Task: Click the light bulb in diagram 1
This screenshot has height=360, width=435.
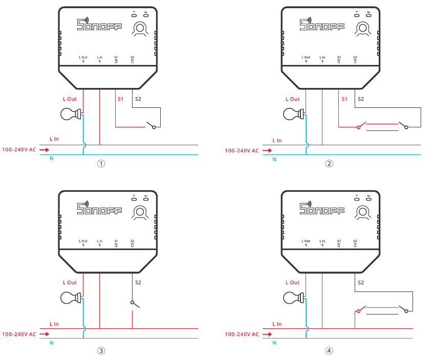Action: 70,114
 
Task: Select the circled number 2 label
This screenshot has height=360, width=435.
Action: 329,164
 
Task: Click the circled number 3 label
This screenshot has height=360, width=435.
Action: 101,351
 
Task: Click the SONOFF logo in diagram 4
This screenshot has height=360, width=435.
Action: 322,208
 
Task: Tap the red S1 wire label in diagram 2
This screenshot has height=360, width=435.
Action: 344,99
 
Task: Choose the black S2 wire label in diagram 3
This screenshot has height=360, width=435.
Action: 138,282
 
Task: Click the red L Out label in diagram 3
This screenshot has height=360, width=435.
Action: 70,282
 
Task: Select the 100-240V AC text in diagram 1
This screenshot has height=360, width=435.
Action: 19,150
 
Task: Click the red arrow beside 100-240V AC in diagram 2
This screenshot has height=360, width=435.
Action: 268,151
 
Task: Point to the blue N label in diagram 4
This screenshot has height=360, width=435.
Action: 274,343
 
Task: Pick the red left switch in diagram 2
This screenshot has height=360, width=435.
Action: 361,125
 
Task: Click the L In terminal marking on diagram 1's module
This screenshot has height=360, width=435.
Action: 99,60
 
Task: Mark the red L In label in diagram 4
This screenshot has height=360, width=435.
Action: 277,324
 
